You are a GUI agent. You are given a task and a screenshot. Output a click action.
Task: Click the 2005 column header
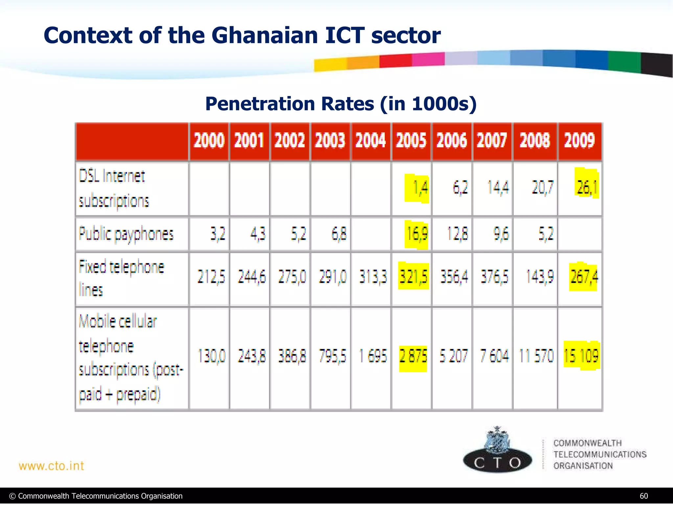point(411,141)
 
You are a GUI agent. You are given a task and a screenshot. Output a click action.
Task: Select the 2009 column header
point(580,141)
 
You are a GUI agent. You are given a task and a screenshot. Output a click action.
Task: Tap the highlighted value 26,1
point(587,187)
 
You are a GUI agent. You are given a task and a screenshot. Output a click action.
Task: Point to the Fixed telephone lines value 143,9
point(540,277)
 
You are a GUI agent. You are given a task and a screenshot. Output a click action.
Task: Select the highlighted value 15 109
point(581,356)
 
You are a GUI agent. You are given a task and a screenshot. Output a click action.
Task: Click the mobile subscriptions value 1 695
point(373,356)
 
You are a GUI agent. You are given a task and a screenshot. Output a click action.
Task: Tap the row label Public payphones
point(126,234)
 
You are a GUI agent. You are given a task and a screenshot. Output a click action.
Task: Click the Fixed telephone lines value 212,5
point(211,277)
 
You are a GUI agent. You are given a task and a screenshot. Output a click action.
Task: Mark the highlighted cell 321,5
point(413,277)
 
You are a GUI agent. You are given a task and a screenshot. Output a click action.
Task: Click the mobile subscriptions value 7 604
point(494,356)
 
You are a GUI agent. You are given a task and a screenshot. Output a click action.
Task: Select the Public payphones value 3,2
point(218,234)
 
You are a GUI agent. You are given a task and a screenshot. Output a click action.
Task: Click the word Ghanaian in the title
point(265,36)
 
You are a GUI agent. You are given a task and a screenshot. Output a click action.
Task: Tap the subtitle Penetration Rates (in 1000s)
point(341,104)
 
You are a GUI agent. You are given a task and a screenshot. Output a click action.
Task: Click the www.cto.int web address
point(52,466)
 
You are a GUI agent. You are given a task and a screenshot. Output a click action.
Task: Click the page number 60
point(644,496)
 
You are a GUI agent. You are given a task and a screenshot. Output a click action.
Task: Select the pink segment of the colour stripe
point(428,60)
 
